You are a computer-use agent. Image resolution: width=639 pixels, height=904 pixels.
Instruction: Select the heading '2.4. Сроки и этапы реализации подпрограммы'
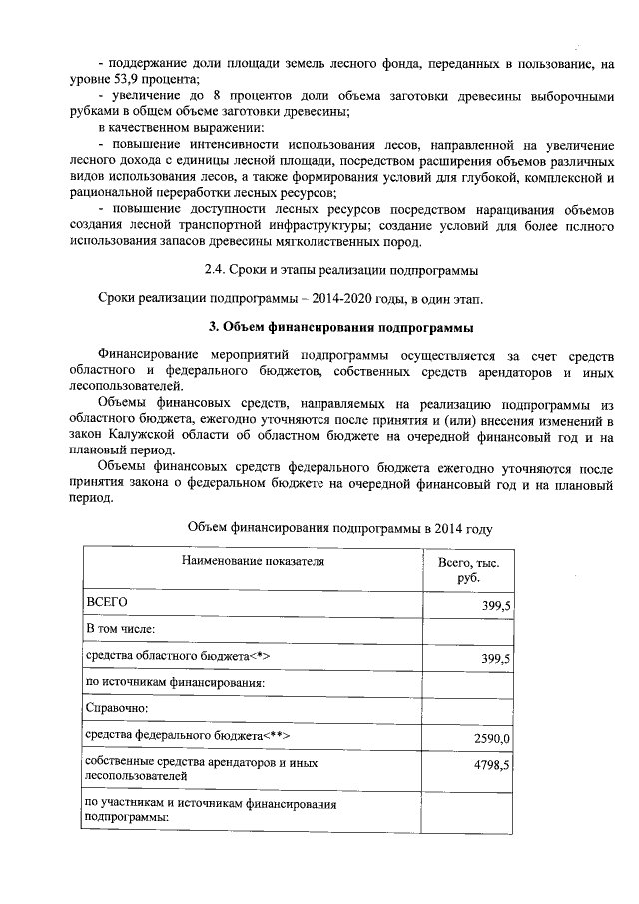[340, 270]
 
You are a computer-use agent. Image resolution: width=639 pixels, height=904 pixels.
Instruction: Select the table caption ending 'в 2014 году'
[340, 527]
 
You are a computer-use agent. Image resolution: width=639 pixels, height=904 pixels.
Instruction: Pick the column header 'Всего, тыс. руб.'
[468, 570]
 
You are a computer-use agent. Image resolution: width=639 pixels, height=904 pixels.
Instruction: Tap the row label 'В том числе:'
[121, 630]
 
